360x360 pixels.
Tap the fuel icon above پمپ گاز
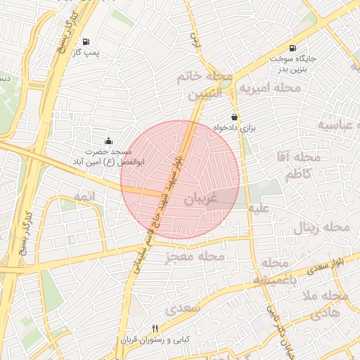tap(85, 41)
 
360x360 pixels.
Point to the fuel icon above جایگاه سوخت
tap(292, 48)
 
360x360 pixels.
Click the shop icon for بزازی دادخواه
tap(233, 117)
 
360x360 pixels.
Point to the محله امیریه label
tap(270, 89)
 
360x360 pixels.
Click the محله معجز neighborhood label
tap(195, 257)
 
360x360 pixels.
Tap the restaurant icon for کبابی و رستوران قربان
tap(155, 328)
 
